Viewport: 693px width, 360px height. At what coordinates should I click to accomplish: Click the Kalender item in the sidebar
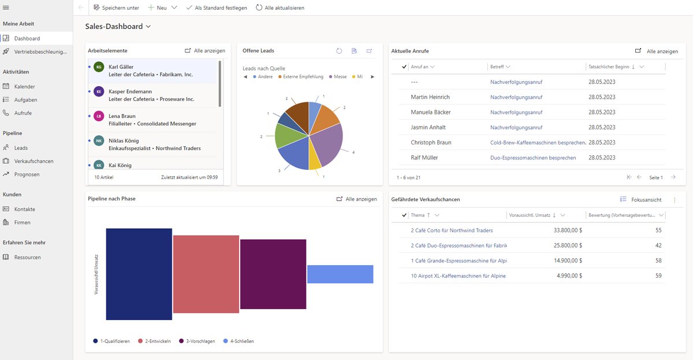tap(24, 87)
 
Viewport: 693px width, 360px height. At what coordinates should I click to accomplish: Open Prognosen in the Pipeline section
tap(27, 174)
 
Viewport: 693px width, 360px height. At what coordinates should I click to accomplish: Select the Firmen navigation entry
tap(22, 222)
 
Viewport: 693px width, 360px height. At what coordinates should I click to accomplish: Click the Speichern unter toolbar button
tap(116, 8)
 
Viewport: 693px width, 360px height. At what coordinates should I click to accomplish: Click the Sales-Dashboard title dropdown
tap(118, 27)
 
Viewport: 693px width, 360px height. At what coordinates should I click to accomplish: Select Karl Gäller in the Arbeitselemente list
tap(121, 67)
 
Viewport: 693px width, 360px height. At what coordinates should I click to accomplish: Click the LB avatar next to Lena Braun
tap(99, 116)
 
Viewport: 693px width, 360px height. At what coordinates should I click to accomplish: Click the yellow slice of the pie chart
tap(315, 162)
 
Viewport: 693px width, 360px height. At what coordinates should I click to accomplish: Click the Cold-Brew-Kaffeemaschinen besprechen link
tap(538, 142)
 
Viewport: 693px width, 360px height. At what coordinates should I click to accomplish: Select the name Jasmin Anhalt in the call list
tap(428, 127)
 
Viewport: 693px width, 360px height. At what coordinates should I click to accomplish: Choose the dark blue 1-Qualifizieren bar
tap(139, 274)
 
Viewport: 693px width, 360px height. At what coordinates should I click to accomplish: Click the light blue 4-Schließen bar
tap(340, 274)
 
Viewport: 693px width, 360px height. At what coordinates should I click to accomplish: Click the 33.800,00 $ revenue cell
tap(567, 230)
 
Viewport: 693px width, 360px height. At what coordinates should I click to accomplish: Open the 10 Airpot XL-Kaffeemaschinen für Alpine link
tap(458, 276)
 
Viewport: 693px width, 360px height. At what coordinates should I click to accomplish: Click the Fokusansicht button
tap(640, 199)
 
